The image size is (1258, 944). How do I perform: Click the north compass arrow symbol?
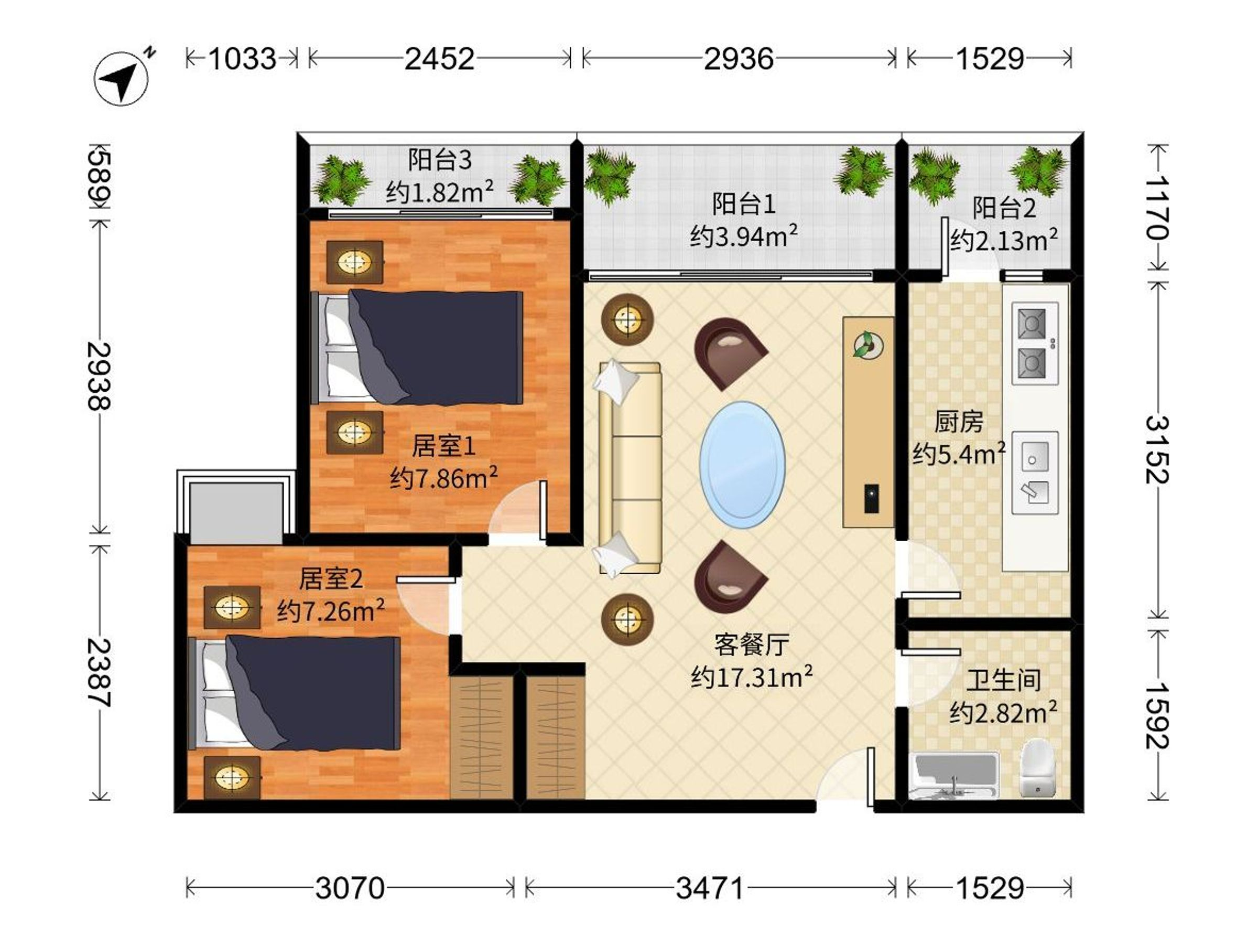tap(121, 79)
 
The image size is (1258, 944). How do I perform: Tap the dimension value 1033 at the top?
tap(242, 59)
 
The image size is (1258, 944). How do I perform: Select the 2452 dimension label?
tap(440, 59)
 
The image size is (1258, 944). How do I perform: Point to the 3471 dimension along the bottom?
tap(709, 888)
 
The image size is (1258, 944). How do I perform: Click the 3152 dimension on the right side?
tap(1156, 449)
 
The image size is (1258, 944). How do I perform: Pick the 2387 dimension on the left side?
tap(99, 672)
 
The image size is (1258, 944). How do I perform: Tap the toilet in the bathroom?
tap(1037, 768)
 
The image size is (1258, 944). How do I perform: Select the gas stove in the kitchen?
tap(1035, 343)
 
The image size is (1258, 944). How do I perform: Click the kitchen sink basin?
tap(1035, 473)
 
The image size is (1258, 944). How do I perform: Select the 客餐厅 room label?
tap(751, 645)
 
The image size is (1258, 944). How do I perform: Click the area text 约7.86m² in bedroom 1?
tap(443, 477)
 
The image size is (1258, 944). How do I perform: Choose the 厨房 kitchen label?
tap(958, 422)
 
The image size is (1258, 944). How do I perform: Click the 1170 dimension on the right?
tap(1156, 208)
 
